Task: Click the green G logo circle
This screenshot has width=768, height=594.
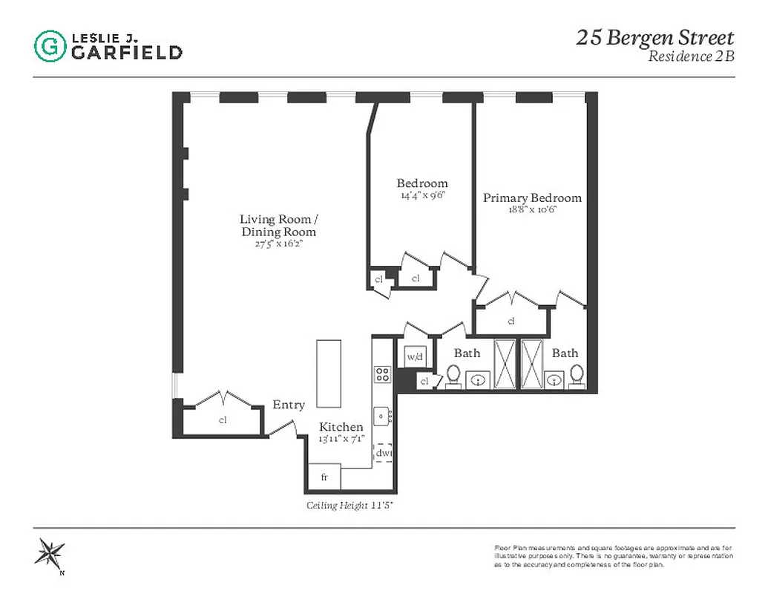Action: tap(50, 45)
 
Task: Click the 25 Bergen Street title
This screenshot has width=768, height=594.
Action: tap(654, 38)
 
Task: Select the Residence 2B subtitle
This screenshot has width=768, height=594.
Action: tap(691, 57)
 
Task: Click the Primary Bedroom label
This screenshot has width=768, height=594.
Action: tap(532, 198)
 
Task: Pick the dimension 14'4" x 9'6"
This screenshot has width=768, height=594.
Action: tap(421, 196)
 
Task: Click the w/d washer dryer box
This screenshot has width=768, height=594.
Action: tap(414, 357)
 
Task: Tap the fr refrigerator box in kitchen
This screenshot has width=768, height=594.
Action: tap(324, 477)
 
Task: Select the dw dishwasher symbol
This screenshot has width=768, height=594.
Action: tap(383, 452)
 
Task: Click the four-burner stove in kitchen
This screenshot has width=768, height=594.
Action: tap(383, 374)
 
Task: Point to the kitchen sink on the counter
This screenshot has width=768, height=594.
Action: tap(383, 417)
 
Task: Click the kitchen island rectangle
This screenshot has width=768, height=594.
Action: tap(329, 373)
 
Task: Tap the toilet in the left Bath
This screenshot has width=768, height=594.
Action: tap(453, 376)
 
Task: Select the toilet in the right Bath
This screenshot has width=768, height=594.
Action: tap(577, 376)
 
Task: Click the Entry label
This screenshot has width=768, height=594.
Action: tap(289, 405)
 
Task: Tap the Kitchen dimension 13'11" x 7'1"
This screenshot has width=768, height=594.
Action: tap(341, 438)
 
